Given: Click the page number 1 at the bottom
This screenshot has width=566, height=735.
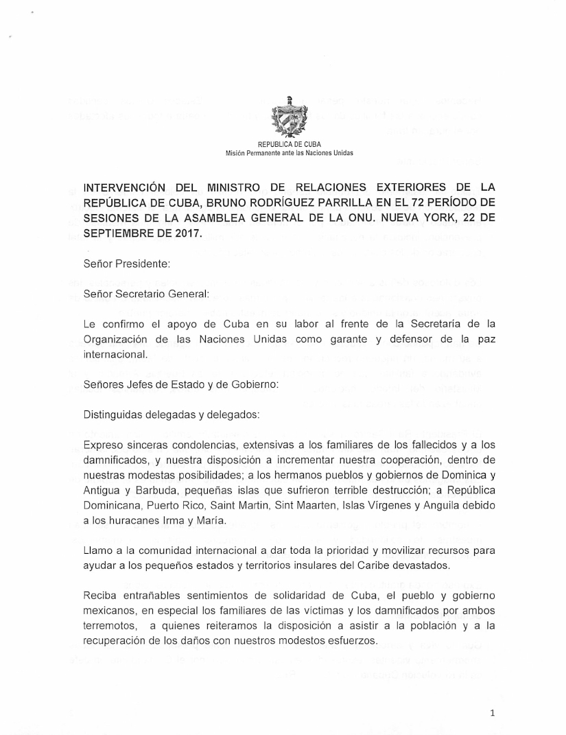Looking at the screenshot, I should tap(493, 714).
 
